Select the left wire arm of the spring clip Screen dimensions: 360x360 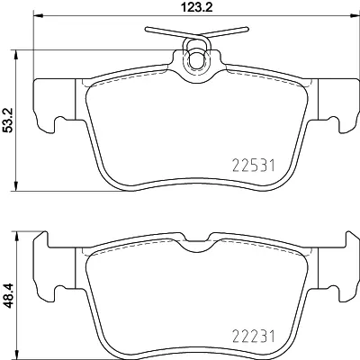[162, 33]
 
